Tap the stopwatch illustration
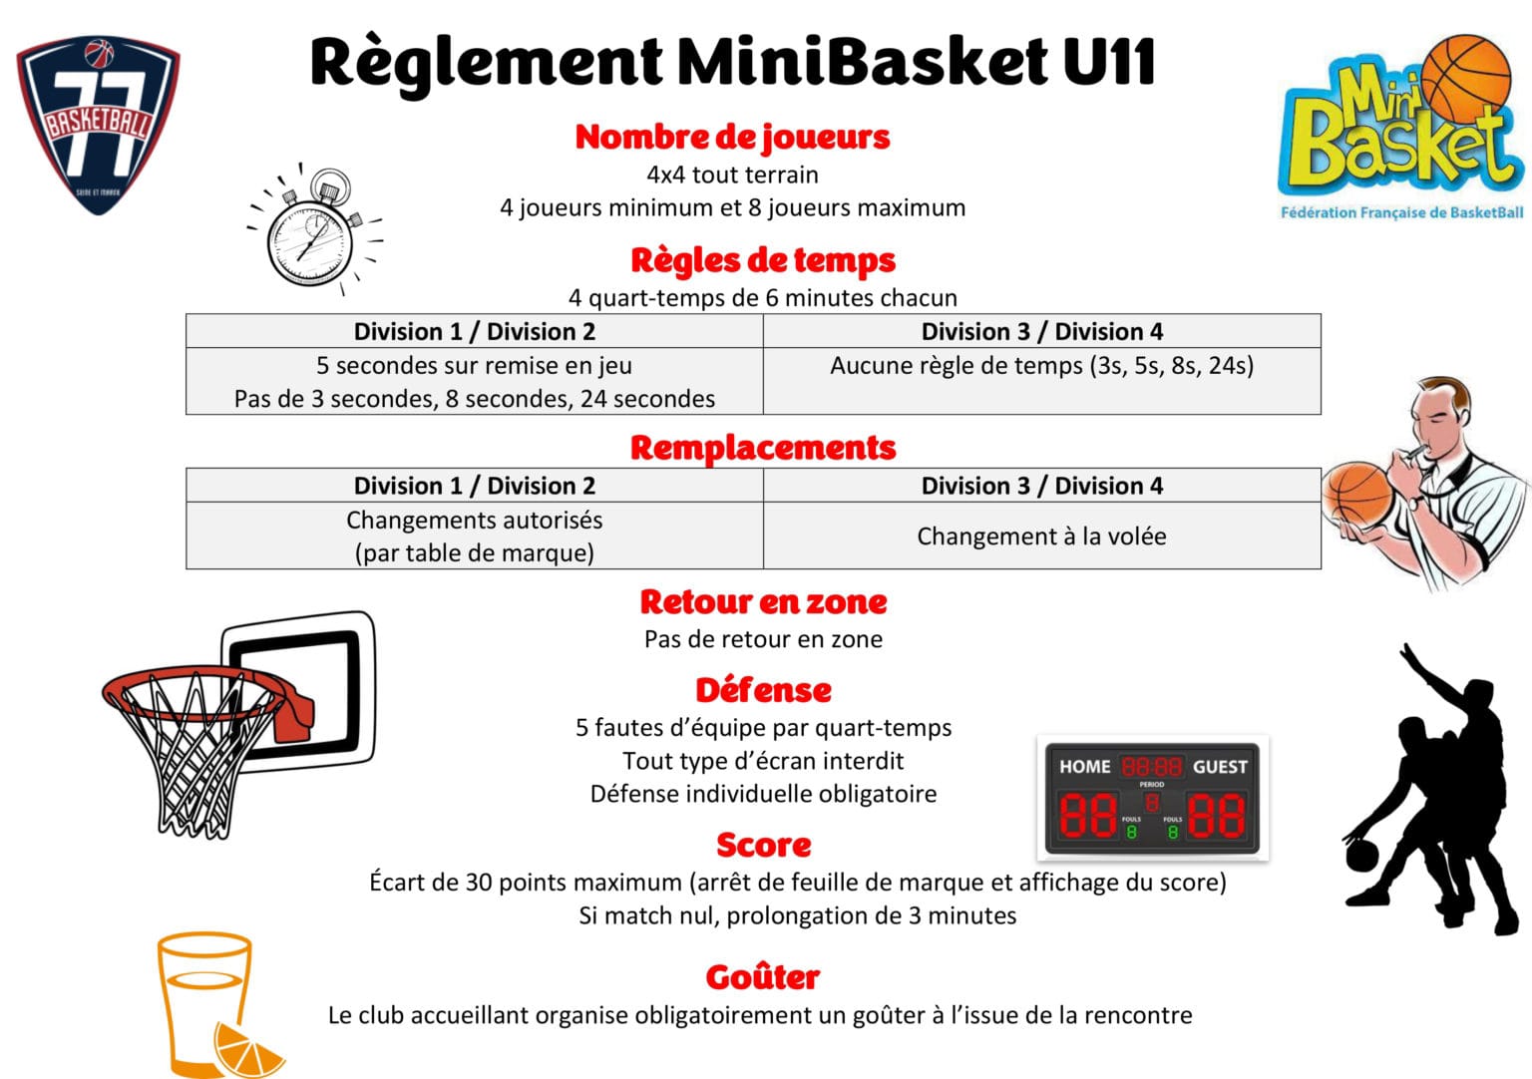314,229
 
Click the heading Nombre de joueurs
732,138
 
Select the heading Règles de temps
763,260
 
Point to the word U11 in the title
1109,62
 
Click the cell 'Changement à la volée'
1041,537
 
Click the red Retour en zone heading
763,602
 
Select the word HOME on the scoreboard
1085,767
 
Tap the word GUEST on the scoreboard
1220,767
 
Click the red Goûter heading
763,976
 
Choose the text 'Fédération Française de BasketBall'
1402,212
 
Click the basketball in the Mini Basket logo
1465,80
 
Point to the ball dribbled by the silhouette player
1362,856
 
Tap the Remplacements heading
763,448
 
